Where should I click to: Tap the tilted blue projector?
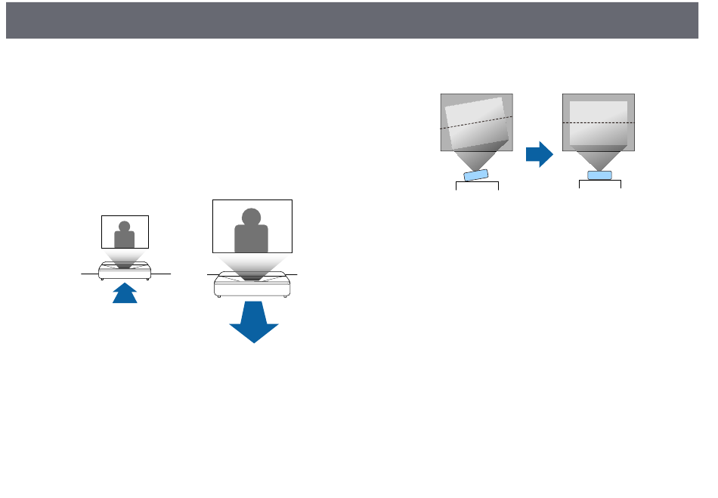click(x=476, y=176)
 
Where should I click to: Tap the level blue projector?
click(x=599, y=175)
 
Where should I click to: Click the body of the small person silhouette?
click(x=125, y=240)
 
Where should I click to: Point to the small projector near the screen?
click(x=125, y=271)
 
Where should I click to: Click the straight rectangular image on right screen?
click(x=599, y=122)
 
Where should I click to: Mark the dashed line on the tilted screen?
click(x=476, y=123)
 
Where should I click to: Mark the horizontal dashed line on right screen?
click(x=599, y=122)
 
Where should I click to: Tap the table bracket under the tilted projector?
click(x=477, y=184)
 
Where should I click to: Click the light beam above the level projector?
click(x=599, y=159)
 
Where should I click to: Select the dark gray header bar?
click(x=351, y=20)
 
